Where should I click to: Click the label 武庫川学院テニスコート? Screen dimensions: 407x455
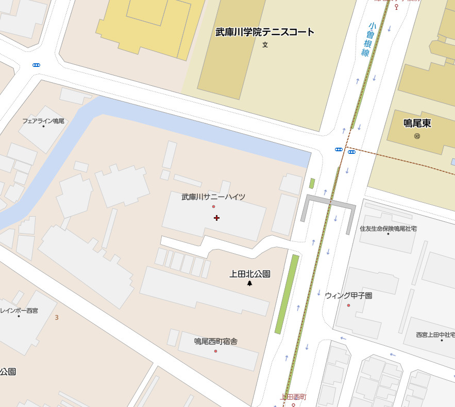265,32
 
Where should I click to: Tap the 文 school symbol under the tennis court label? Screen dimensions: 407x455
265,45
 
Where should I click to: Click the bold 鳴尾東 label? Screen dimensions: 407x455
417,123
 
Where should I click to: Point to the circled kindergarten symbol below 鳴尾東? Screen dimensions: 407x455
417,136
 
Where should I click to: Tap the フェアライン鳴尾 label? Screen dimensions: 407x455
43,121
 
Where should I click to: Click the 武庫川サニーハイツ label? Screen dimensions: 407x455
213,197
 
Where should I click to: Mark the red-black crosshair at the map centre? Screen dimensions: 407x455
216,218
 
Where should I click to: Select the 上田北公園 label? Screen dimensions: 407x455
250,274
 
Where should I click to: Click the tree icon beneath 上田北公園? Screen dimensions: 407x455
250,283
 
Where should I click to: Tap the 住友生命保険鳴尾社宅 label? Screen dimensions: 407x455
388,228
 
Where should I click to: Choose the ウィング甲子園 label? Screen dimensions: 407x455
348,296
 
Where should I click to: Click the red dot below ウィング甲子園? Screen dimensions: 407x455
348,306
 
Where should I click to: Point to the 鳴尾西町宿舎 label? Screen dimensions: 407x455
215,341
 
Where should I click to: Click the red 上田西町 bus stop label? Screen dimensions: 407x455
293,397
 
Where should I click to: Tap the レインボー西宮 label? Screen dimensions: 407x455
19,310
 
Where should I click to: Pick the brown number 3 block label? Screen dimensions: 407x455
57,317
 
